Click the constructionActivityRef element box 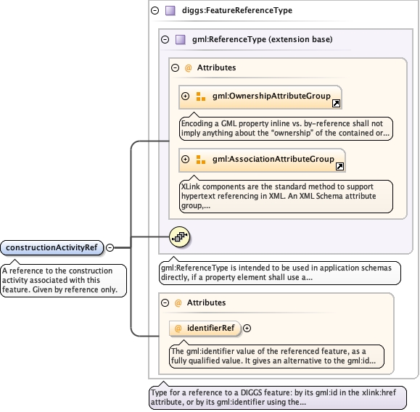pyautogui.click(x=52, y=247)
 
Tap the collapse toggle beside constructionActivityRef pyautogui.click(x=110, y=247)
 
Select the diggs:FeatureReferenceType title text pyautogui.click(x=237, y=10)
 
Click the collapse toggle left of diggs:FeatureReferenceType pyautogui.click(x=155, y=10)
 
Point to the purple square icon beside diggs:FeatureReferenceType pyautogui.click(x=170, y=10)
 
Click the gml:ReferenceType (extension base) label pyautogui.click(x=263, y=39)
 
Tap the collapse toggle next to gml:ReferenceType pyautogui.click(x=165, y=40)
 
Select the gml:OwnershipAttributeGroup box pyautogui.click(x=260, y=97)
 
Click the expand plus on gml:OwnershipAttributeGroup pyautogui.click(x=185, y=96)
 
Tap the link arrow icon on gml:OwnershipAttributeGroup pyautogui.click(x=336, y=104)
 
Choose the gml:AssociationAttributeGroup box pyautogui.click(x=262, y=160)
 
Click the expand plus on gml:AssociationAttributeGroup pyautogui.click(x=185, y=159)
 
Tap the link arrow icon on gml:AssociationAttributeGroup pyautogui.click(x=339, y=166)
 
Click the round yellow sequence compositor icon pyautogui.click(x=179, y=236)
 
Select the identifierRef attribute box pyautogui.click(x=205, y=328)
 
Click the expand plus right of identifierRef pyautogui.click(x=247, y=328)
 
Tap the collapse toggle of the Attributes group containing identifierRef pyautogui.click(x=165, y=302)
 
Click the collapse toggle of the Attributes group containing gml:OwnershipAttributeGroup pyautogui.click(x=175, y=67)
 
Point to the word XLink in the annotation pyautogui.click(x=191, y=186)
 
